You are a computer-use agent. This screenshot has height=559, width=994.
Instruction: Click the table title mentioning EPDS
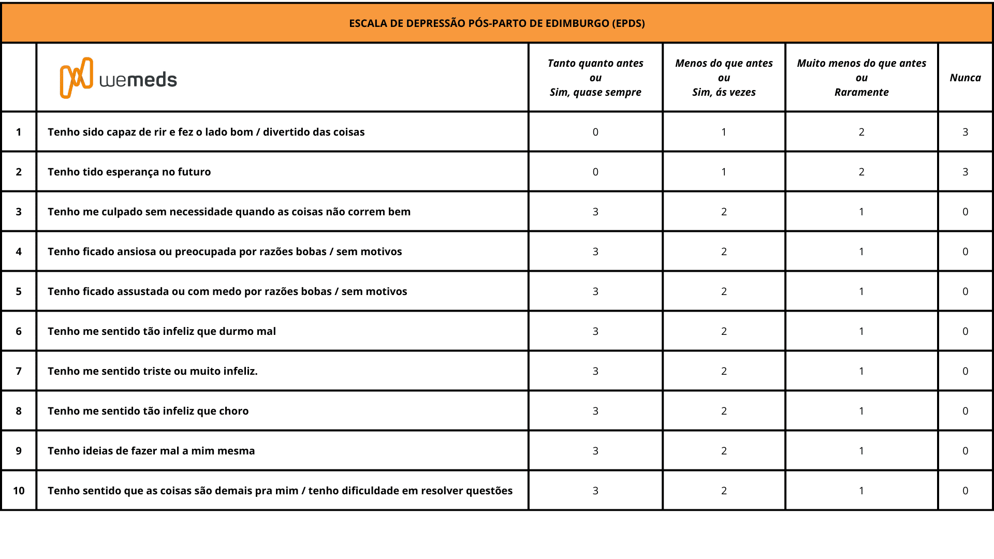point(497,23)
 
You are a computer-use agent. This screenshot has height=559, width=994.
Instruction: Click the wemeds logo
point(119,78)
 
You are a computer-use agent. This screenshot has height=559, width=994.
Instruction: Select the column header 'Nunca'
point(965,78)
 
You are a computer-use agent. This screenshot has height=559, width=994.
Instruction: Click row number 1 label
point(19,132)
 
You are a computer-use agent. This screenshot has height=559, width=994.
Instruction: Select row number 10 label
point(19,491)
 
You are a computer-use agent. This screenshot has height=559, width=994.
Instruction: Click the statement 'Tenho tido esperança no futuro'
point(129,172)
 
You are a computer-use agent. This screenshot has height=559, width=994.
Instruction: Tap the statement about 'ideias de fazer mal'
point(151,451)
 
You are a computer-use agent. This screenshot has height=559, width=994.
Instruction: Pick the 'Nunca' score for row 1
point(965,132)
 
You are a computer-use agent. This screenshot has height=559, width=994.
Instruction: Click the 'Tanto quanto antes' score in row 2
point(595,172)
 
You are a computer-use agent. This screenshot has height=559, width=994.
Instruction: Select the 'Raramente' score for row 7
point(861,371)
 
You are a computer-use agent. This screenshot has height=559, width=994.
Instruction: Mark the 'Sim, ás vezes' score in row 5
point(724,291)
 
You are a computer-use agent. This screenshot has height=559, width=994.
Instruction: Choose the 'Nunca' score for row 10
point(965,491)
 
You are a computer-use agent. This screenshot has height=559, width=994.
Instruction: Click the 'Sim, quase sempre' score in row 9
point(595,451)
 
